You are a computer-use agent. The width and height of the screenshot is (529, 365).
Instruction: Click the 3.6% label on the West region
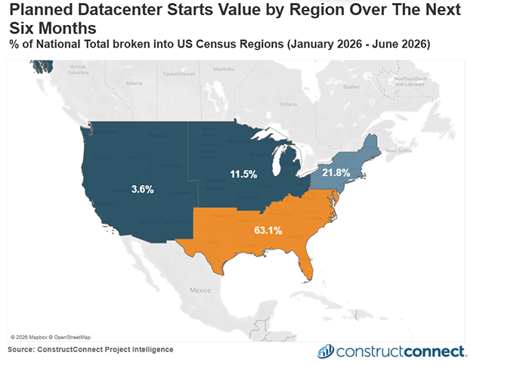pos(141,190)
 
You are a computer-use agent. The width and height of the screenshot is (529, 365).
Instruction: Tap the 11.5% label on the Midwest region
pos(243,175)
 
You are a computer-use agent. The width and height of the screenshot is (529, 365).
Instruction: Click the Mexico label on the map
pos(200,290)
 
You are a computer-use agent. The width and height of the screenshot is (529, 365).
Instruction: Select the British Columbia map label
pos(79,71)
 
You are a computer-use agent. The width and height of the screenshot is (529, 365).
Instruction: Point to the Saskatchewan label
pos(179,75)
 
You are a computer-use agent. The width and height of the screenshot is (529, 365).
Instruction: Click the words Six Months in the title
pos(51,28)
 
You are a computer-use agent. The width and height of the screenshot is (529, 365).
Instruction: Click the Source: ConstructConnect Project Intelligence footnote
pos(91,349)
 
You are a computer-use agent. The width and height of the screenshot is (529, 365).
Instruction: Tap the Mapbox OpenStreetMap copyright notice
pos(51,336)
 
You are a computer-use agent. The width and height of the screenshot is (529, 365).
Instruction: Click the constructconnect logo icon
pos(326,351)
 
